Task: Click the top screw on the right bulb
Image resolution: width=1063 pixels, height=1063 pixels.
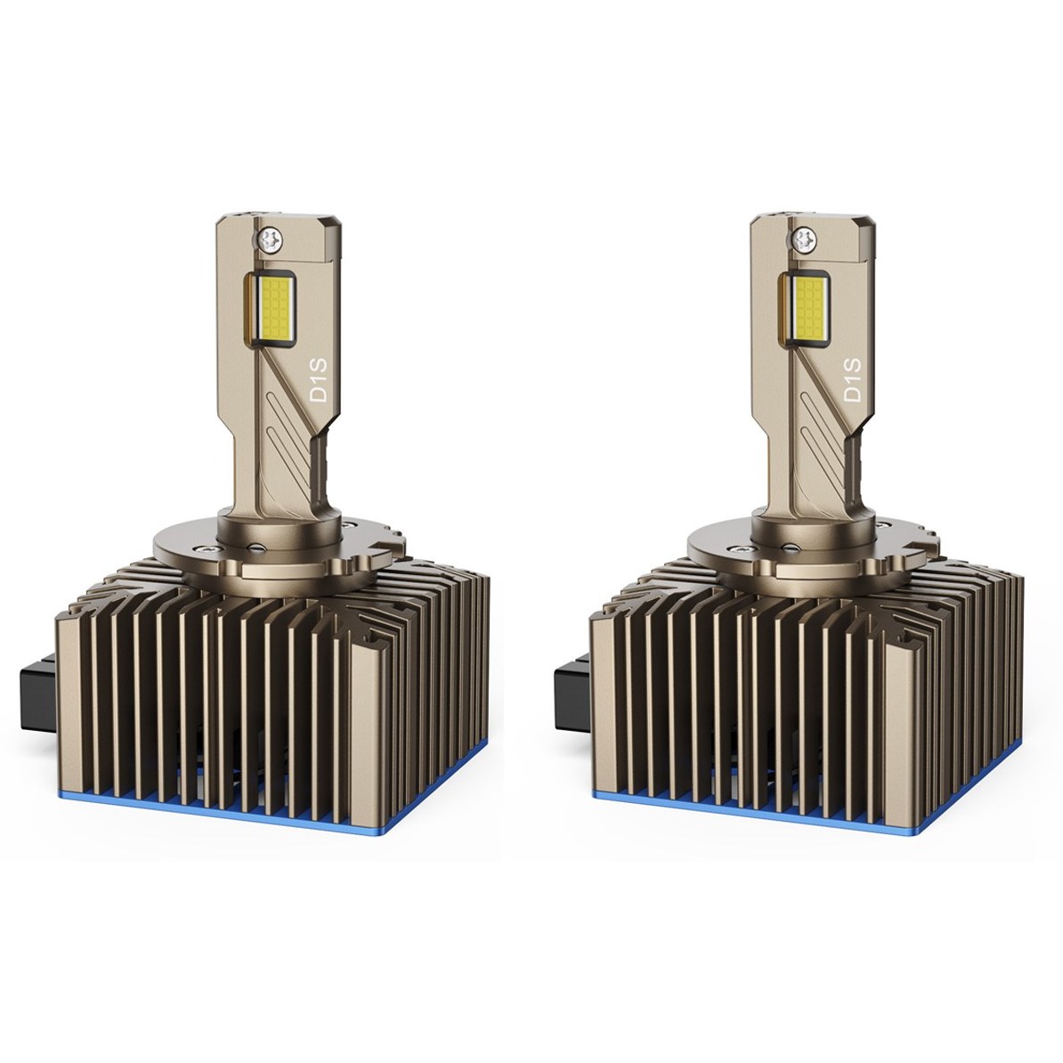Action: [x=803, y=238]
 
